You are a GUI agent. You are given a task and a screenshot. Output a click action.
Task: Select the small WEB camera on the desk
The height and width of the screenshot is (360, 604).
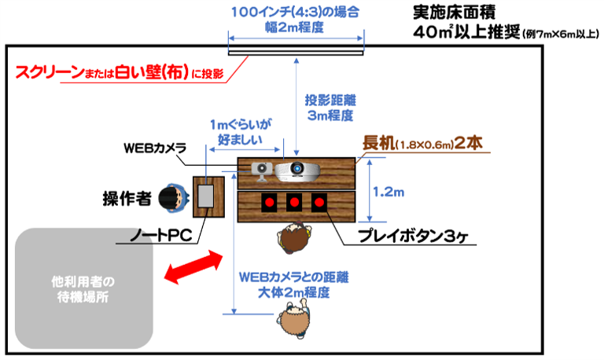(260, 167)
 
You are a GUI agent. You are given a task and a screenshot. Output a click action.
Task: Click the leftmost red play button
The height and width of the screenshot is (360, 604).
(268, 202)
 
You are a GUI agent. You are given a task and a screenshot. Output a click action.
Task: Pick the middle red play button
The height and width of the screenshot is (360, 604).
(293, 202)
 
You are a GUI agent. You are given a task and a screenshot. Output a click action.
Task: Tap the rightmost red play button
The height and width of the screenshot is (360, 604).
(319, 202)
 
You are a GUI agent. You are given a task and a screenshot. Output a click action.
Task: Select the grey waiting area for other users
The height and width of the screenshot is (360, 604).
(83, 288)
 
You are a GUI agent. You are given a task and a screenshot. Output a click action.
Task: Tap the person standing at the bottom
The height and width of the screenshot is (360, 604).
(293, 323)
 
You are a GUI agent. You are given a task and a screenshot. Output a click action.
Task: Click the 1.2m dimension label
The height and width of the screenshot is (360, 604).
(388, 190)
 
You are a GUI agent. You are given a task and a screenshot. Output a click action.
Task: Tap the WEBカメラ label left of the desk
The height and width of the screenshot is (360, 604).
(154, 149)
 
